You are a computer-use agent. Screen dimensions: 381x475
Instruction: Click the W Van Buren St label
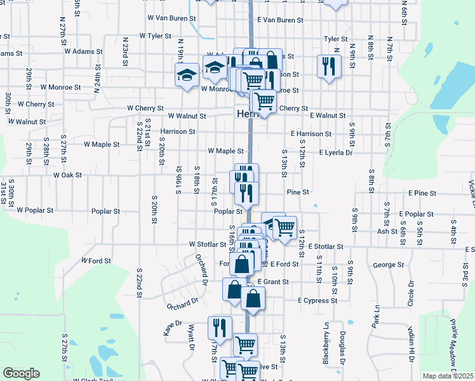click(171, 19)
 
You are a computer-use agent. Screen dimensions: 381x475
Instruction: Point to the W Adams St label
click(84, 51)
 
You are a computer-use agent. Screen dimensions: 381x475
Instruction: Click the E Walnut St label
click(328, 116)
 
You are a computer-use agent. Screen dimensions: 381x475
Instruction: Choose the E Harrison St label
click(311, 134)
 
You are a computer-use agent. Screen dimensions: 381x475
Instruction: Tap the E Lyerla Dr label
click(335, 153)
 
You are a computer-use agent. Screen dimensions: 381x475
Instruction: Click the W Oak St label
click(68, 175)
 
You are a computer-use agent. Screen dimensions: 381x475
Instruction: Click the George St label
click(389, 265)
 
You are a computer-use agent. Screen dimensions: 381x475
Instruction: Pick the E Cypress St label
click(317, 300)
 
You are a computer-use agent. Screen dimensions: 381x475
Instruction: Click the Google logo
click(21, 373)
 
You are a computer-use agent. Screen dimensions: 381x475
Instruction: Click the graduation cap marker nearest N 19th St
click(187, 74)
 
